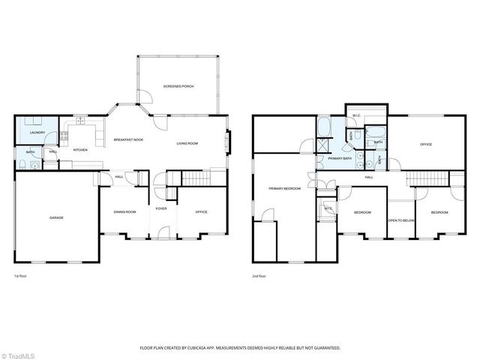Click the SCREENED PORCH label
(x=178, y=87)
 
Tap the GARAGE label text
(x=56, y=217)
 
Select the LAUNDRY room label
(x=37, y=133)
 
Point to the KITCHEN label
(x=79, y=150)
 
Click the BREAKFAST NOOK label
(x=128, y=140)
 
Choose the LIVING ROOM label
(x=187, y=143)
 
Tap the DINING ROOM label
(x=125, y=212)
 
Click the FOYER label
(x=161, y=208)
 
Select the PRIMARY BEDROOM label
(x=286, y=188)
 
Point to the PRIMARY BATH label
(x=340, y=158)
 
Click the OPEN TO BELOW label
(x=400, y=220)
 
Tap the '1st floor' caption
(x=20, y=276)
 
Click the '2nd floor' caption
(x=259, y=276)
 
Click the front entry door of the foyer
(x=160, y=239)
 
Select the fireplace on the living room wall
(x=228, y=141)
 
